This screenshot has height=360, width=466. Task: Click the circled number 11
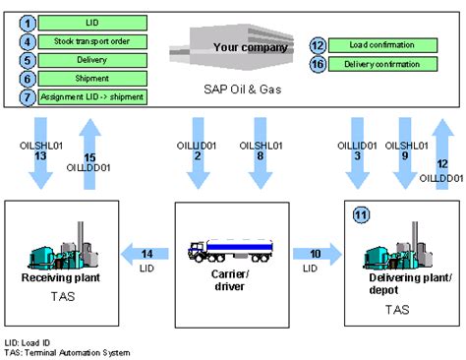[x=361, y=215]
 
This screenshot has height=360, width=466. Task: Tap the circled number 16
[x=318, y=65]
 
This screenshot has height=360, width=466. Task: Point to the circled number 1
[x=29, y=22]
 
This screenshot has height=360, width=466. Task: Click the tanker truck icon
[x=232, y=254]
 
